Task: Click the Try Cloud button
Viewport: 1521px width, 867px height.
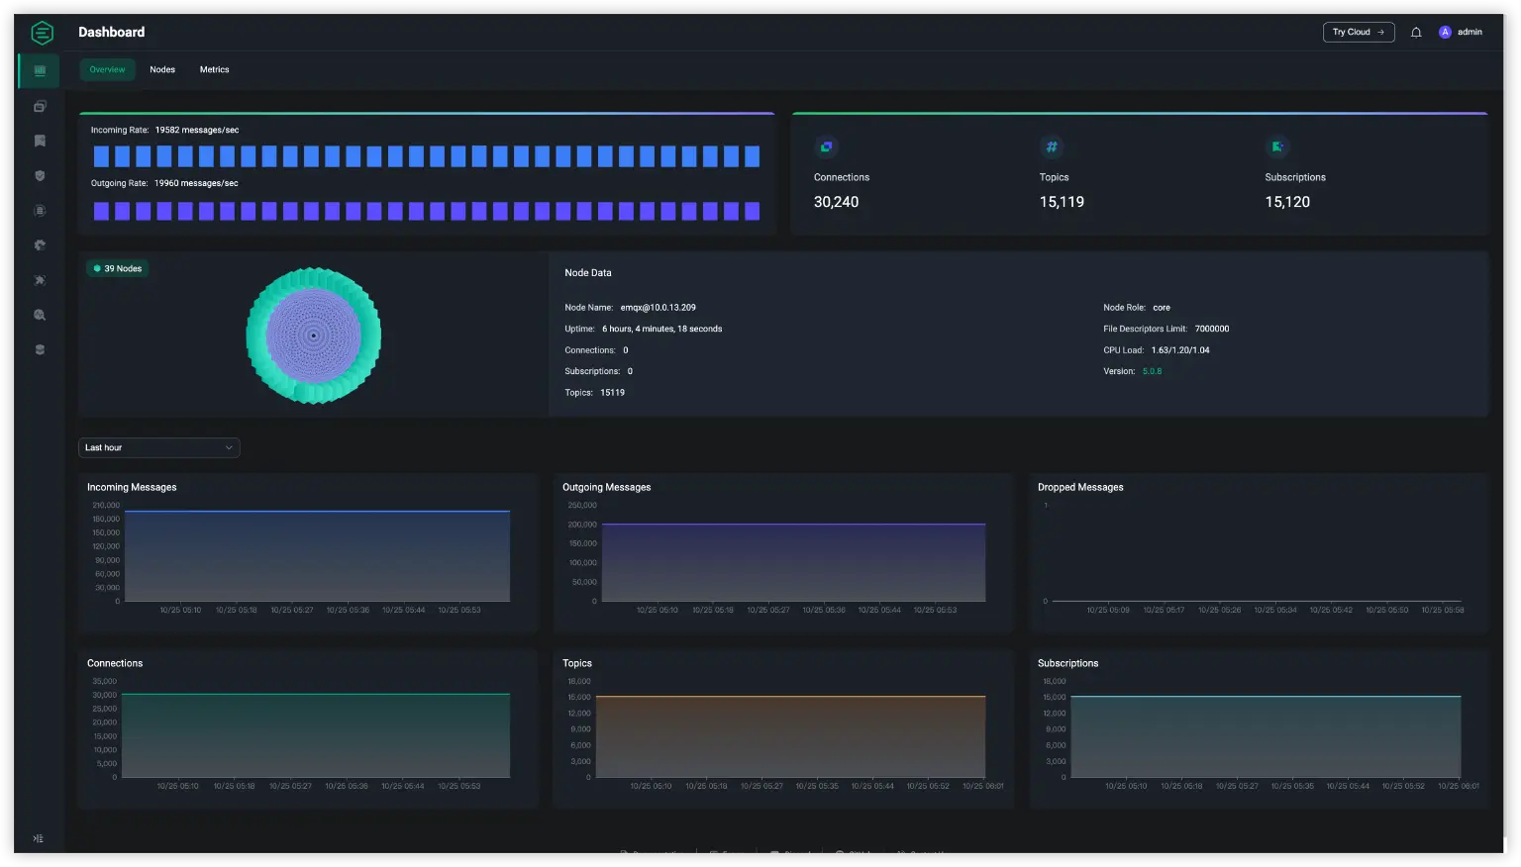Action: [x=1358, y=32]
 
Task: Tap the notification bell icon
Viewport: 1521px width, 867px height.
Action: [x=1416, y=33]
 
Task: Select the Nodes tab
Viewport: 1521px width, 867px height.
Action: [x=162, y=69]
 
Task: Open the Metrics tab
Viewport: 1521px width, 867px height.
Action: [x=214, y=69]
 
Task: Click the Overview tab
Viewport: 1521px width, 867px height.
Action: [x=107, y=69]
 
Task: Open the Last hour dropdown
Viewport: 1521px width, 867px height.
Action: [x=158, y=447]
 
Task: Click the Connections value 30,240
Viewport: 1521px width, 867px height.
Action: [x=836, y=202]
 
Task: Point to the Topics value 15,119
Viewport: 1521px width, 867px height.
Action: [x=1062, y=202]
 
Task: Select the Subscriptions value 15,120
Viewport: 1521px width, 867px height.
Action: [x=1287, y=202]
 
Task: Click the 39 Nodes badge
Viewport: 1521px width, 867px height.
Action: [x=118, y=268]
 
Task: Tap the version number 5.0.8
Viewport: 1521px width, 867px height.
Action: [x=1152, y=371]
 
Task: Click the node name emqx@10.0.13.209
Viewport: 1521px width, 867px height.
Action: [x=658, y=308]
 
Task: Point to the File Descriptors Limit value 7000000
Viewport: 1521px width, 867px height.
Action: [x=1211, y=329]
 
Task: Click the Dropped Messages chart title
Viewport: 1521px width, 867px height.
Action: [x=1080, y=487]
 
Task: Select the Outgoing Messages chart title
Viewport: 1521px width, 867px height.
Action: [x=606, y=487]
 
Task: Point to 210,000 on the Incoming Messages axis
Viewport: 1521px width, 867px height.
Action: [x=106, y=505]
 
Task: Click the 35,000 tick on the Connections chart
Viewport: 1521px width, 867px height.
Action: [x=104, y=681]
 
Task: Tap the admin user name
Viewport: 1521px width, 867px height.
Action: [x=1470, y=32]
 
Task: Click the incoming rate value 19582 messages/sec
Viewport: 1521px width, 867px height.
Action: [x=196, y=130]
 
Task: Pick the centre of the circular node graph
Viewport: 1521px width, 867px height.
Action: [x=314, y=336]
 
